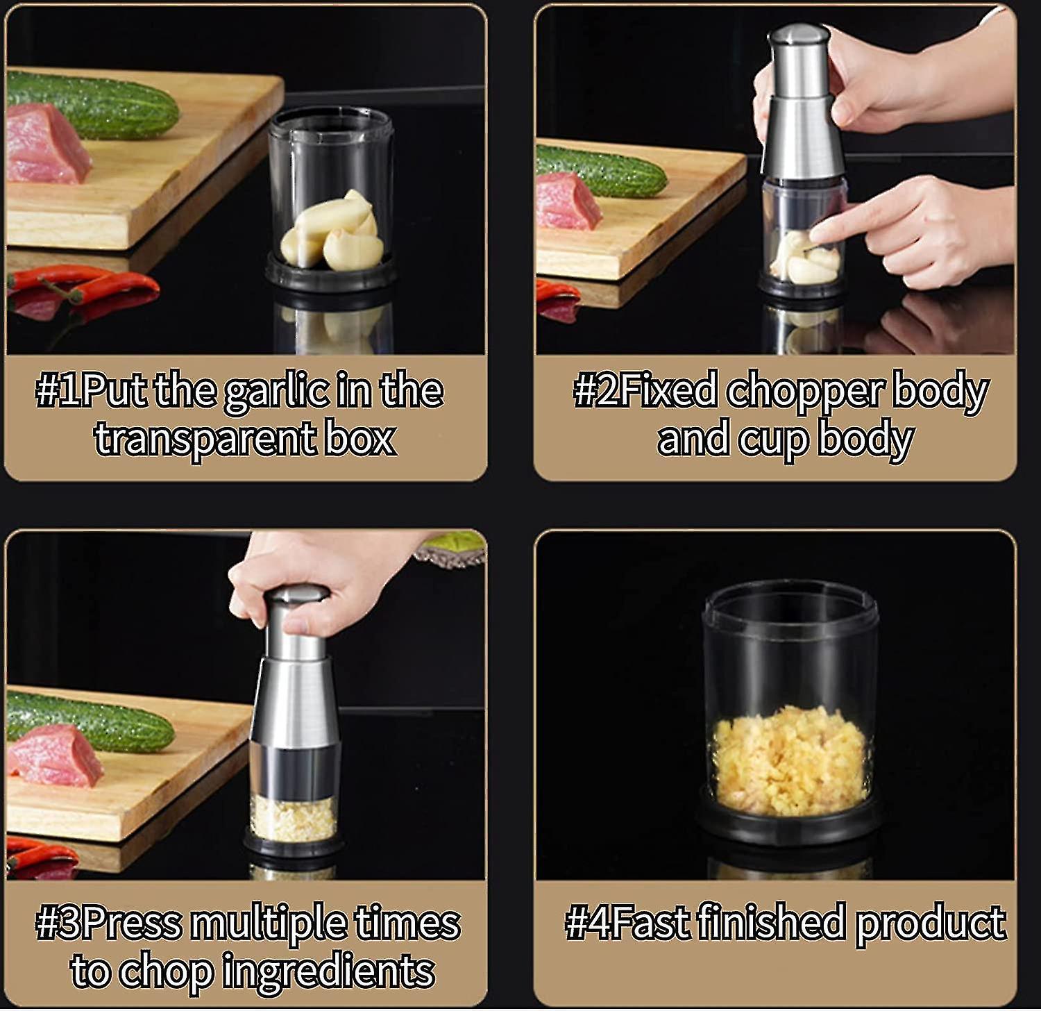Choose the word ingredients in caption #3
click(x=328, y=971)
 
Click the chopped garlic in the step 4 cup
click(x=790, y=760)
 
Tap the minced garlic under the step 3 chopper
click(x=293, y=819)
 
